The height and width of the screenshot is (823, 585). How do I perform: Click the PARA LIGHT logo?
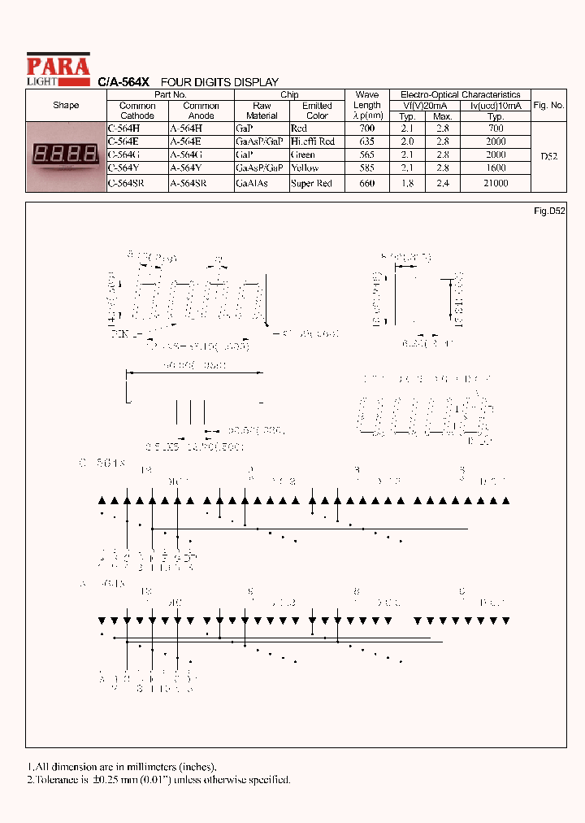coord(58,69)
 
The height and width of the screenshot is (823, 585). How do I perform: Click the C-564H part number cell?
coord(123,128)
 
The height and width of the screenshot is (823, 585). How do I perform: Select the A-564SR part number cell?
coord(188,184)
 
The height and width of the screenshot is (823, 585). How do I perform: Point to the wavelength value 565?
coord(367,155)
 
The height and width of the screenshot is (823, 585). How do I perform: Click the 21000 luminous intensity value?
coord(495,184)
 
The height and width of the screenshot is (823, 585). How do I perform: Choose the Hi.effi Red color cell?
coord(312,142)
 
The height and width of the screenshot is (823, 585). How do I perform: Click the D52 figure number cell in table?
coord(548,156)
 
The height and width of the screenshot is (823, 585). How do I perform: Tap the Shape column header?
coord(66,106)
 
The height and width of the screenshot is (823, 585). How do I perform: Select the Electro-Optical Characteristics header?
coord(460,95)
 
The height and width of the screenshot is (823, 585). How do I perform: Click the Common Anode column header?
coord(201,111)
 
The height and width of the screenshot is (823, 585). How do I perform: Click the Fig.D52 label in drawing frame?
coord(549,211)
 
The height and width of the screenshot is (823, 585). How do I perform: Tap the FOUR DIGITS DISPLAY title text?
coord(219,82)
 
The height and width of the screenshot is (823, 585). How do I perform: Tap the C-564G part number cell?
coord(123,155)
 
